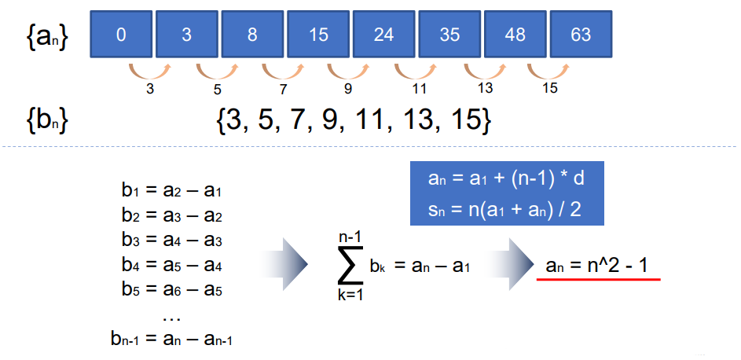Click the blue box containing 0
coord(121,35)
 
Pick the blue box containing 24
coord(383,35)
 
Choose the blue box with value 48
coord(515,35)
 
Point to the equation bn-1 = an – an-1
coord(172,340)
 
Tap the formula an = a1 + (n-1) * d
coord(506,178)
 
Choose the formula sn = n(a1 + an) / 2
coord(506,209)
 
